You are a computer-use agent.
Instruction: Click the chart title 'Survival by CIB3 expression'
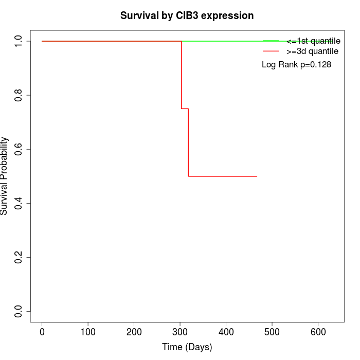[x=187, y=16]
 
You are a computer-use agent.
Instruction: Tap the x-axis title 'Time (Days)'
[x=187, y=348]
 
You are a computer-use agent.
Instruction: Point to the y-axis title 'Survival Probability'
[x=5, y=176]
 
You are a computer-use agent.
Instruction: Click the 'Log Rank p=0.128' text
[x=296, y=65]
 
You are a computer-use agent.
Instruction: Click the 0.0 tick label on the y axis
[x=19, y=311]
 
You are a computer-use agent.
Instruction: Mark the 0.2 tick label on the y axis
[x=19, y=257]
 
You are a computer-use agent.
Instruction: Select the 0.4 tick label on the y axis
[x=19, y=203]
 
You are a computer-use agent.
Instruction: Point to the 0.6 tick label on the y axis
[x=19, y=149]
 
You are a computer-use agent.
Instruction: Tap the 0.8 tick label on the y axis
[x=19, y=95]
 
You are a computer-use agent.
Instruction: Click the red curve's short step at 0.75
[x=185, y=109]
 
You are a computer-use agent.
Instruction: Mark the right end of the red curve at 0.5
[x=257, y=176]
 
